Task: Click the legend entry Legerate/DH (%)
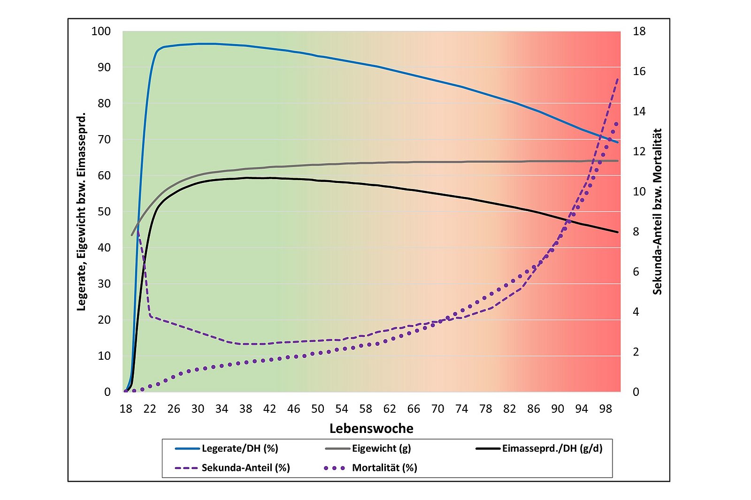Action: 239,448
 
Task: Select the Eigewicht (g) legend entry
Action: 381,448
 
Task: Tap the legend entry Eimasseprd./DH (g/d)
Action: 552,448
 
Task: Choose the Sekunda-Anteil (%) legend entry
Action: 245,468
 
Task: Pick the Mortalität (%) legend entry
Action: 384,468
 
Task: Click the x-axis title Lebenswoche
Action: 371,428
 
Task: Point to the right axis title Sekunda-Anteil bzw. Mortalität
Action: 658,212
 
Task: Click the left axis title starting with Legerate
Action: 81,212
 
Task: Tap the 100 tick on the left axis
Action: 101,31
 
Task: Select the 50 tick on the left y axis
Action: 104,212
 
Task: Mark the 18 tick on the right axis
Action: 639,31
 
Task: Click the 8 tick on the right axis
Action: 636,232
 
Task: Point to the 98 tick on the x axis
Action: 605,409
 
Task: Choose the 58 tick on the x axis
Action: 366,409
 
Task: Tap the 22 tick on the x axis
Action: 150,409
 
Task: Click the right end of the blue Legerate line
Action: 618,142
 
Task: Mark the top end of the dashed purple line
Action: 618,79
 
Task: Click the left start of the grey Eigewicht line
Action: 132,235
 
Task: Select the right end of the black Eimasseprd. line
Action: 618,232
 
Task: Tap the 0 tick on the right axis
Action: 636,392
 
